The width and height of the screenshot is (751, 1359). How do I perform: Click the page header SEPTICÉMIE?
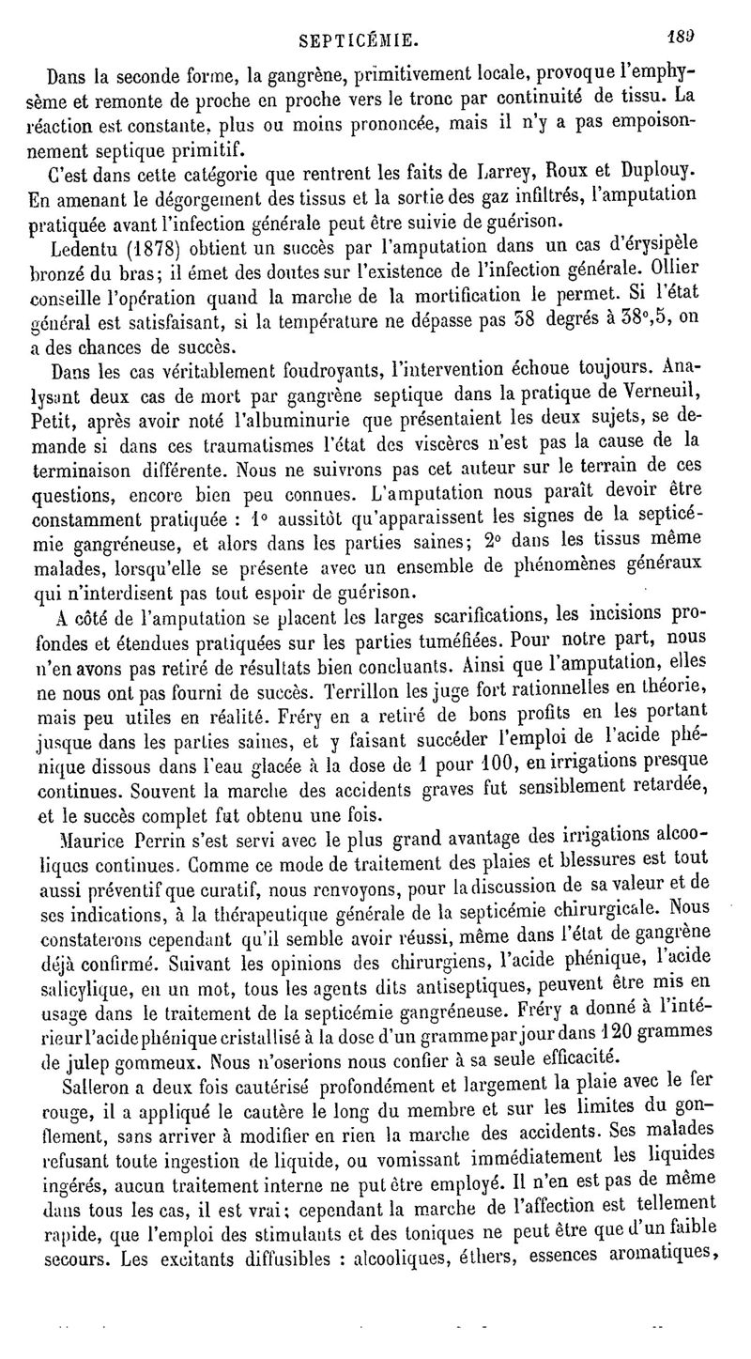click(x=358, y=42)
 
